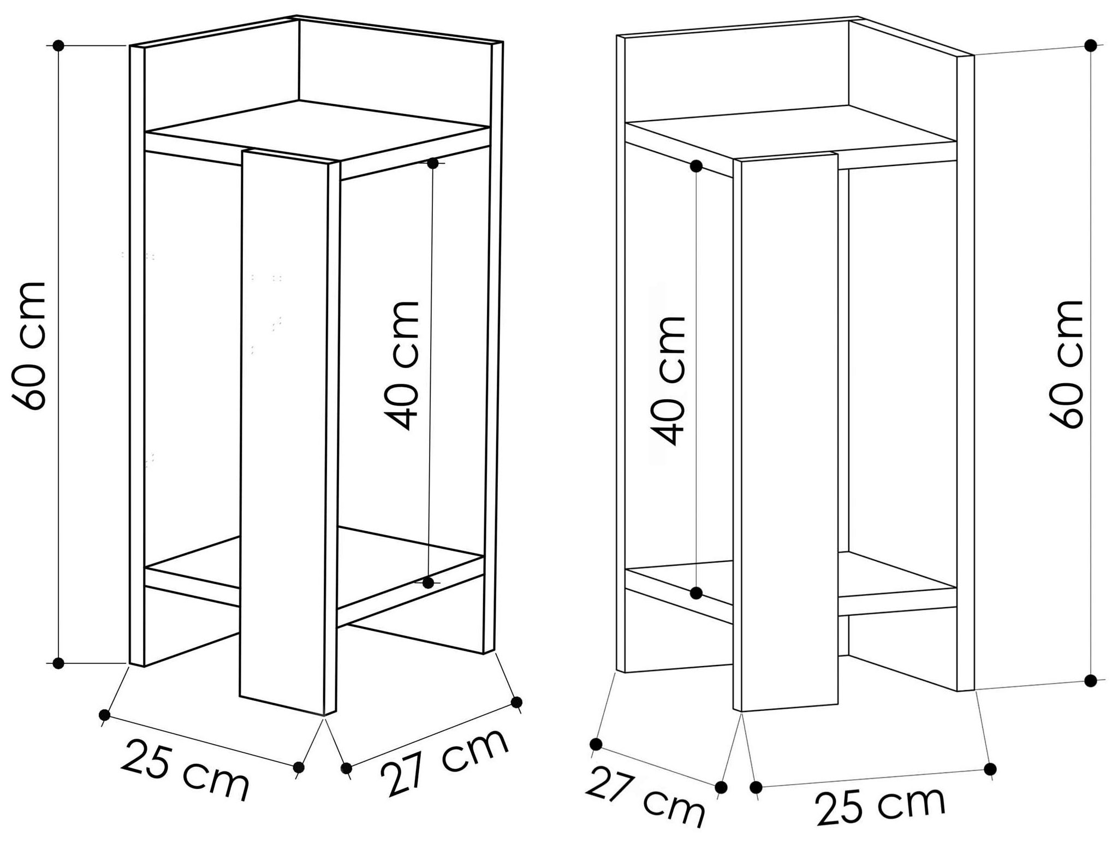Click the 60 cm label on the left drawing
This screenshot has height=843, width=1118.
pyautogui.click(x=29, y=346)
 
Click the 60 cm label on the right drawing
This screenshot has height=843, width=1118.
pyautogui.click(x=1066, y=364)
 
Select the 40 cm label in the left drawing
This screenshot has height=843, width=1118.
pyautogui.click(x=401, y=365)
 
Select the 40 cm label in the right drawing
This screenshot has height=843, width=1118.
pyautogui.click(x=668, y=381)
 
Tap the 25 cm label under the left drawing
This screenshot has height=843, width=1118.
pyautogui.click(x=185, y=769)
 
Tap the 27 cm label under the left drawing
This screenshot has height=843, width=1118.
pyautogui.click(x=444, y=761)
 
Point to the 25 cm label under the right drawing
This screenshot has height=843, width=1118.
pyautogui.click(x=879, y=804)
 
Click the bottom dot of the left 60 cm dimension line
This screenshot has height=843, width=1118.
pyautogui.click(x=59, y=663)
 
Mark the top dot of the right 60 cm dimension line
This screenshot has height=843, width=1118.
pyautogui.click(x=1091, y=45)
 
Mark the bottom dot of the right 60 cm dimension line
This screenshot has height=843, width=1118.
pyautogui.click(x=1091, y=680)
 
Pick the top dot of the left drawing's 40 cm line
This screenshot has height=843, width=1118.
pyautogui.click(x=433, y=163)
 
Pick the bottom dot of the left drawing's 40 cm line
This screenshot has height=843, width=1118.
pyautogui.click(x=429, y=583)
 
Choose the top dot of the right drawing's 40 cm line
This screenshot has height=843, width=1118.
pyautogui.click(x=696, y=167)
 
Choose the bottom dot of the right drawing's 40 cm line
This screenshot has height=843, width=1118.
pyautogui.click(x=696, y=593)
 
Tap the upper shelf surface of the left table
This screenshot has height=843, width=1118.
pyautogui.click(x=317, y=130)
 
